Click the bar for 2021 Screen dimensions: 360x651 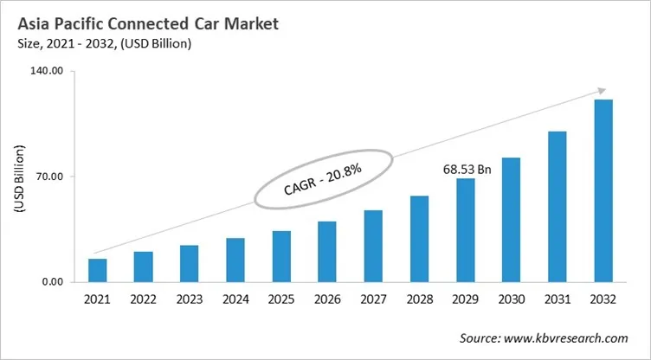coord(98,271)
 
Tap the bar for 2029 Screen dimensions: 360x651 coord(466,230)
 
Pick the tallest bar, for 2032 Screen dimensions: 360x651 coord(603,190)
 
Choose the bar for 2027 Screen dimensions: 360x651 coord(373,246)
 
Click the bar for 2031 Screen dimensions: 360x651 coord(558,207)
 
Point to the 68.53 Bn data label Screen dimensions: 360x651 coord(467,170)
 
